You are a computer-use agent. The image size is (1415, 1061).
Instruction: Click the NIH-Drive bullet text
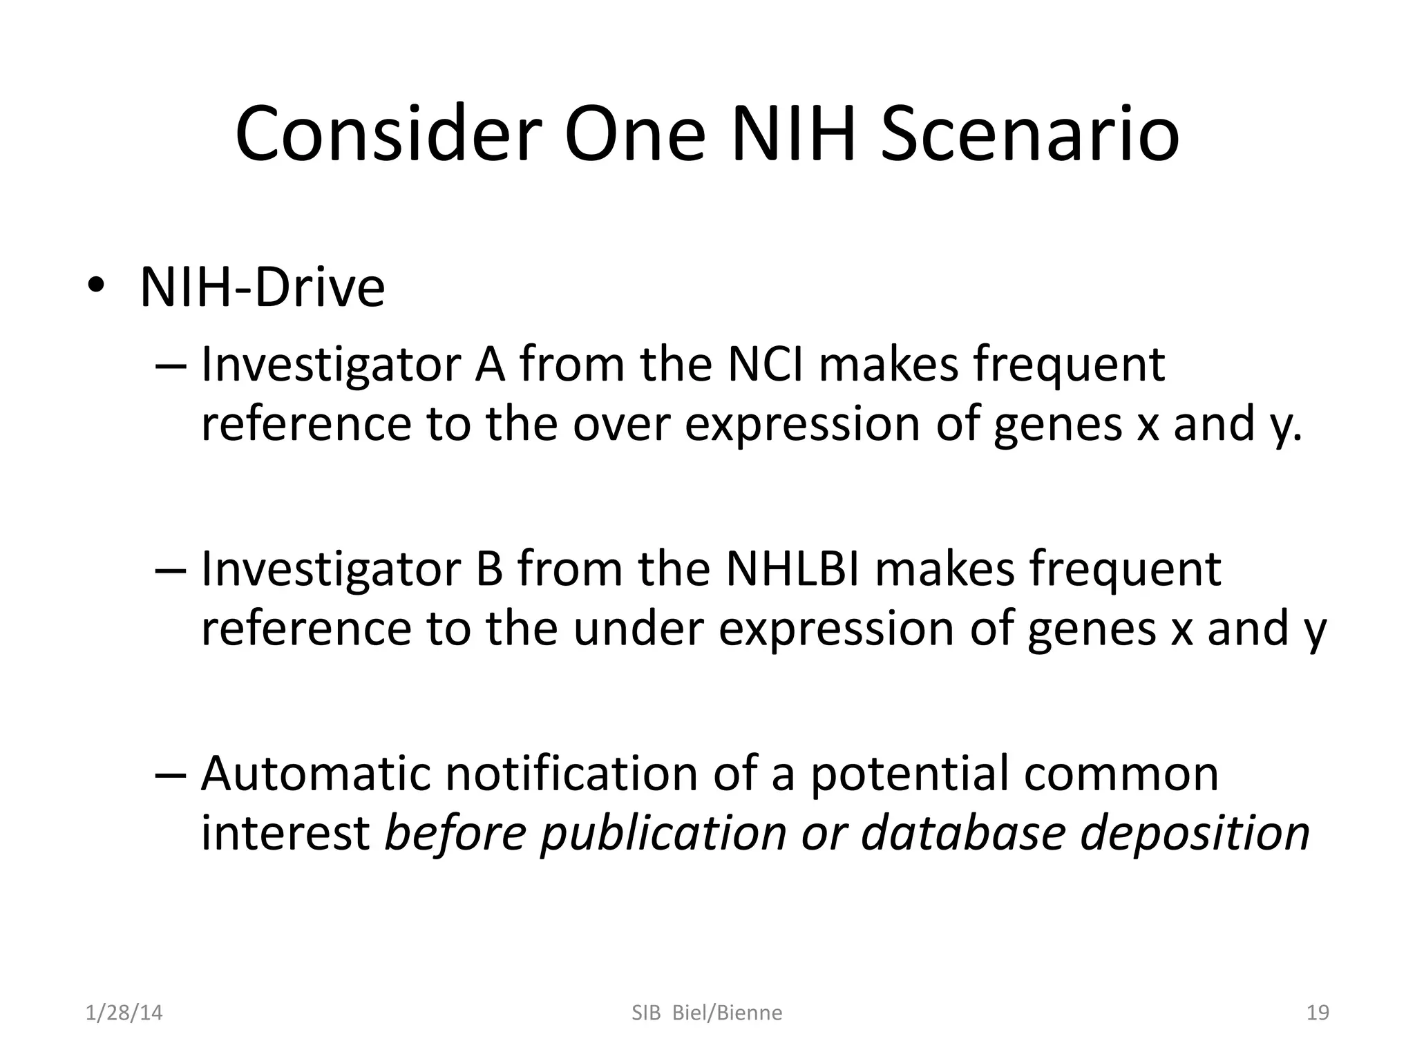pos(262,288)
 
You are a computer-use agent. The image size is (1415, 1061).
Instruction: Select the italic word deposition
pos(1194,832)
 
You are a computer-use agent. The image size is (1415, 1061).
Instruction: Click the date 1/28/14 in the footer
pos(124,1013)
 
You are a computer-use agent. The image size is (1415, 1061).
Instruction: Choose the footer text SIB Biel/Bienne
pos(707,1013)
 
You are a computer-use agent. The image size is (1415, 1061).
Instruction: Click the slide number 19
pos(1318,1013)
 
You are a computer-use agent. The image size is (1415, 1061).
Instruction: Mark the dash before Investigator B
pos(171,570)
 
